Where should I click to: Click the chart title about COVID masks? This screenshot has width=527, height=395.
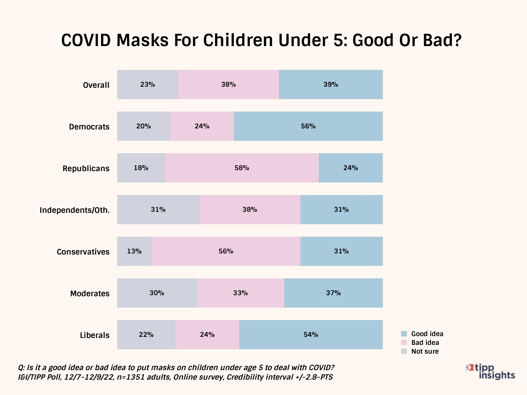point(261,40)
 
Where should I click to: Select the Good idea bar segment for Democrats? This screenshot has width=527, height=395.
point(308,126)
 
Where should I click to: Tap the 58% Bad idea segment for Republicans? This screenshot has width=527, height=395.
point(242,168)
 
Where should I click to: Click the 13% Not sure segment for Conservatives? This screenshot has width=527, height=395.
point(134,251)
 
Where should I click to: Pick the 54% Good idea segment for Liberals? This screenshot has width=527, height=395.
point(311,335)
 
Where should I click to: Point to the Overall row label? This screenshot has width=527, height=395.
point(96,85)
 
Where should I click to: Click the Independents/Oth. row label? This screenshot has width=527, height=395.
point(75,210)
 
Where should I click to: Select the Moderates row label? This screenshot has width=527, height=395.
point(90,293)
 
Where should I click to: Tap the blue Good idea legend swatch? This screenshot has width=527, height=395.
point(404,334)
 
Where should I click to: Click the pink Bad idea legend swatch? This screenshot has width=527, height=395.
point(404,343)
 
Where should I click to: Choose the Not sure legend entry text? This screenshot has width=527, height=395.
point(425,351)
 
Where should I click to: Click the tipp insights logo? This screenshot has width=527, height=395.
point(491,372)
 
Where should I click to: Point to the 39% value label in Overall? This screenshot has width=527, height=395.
point(330,84)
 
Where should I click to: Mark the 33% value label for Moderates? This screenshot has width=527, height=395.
point(240,293)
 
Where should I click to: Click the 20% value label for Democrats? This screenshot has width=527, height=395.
point(143,126)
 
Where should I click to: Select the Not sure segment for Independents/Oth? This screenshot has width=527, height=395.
point(158,210)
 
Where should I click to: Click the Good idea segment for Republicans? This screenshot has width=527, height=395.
point(351,168)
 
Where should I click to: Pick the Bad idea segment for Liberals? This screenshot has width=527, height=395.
point(207,335)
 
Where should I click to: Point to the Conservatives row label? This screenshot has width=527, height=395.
point(83,252)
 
